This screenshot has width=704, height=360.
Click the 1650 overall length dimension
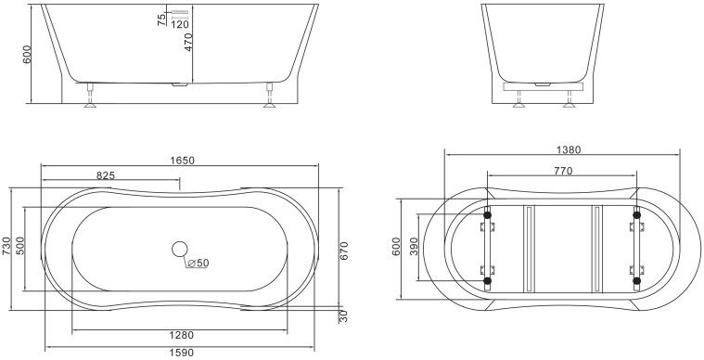tap(183, 160)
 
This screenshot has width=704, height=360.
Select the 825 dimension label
tap(106, 175)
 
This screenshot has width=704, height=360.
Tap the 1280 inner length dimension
tap(182, 335)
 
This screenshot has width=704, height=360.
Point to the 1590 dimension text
tap(182, 353)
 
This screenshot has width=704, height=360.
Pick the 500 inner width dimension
tap(20, 246)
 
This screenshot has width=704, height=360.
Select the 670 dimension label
tap(344, 251)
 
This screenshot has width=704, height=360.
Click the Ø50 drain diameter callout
tap(198, 264)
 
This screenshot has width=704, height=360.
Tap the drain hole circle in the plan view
tap(180, 249)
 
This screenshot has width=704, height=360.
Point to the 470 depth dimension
tap(188, 42)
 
